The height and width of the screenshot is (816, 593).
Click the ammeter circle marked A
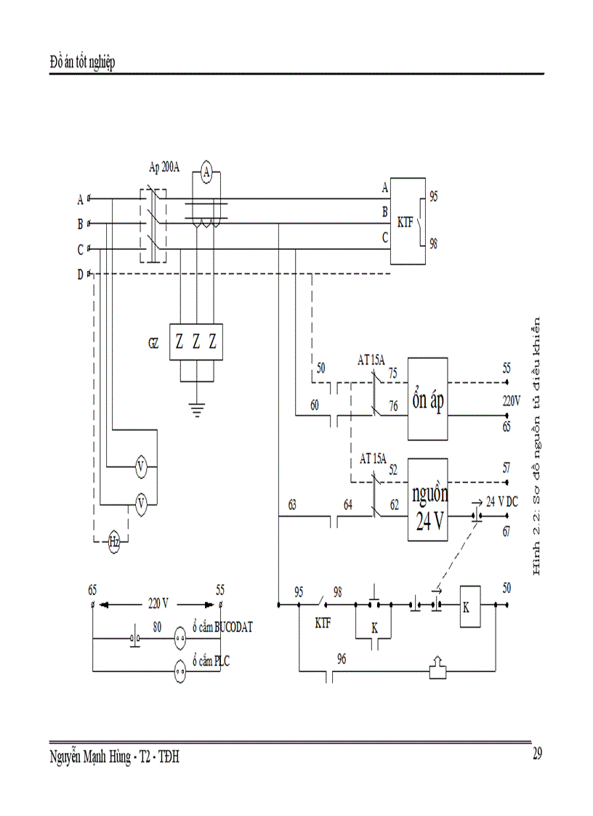click(x=206, y=173)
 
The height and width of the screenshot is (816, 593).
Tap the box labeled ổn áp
click(x=428, y=399)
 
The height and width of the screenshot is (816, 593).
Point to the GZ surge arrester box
click(x=195, y=342)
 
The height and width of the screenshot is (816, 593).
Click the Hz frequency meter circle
click(x=114, y=541)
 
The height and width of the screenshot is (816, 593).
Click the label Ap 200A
click(x=166, y=166)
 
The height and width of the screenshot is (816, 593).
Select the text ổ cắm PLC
click(x=216, y=661)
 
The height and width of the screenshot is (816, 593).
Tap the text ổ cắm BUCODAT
click(x=222, y=627)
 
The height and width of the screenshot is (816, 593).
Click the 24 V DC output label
click(x=502, y=501)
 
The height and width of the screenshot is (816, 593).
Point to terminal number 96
click(x=342, y=658)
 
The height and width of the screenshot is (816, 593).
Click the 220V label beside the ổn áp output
click(x=512, y=400)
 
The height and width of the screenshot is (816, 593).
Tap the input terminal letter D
click(x=80, y=274)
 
